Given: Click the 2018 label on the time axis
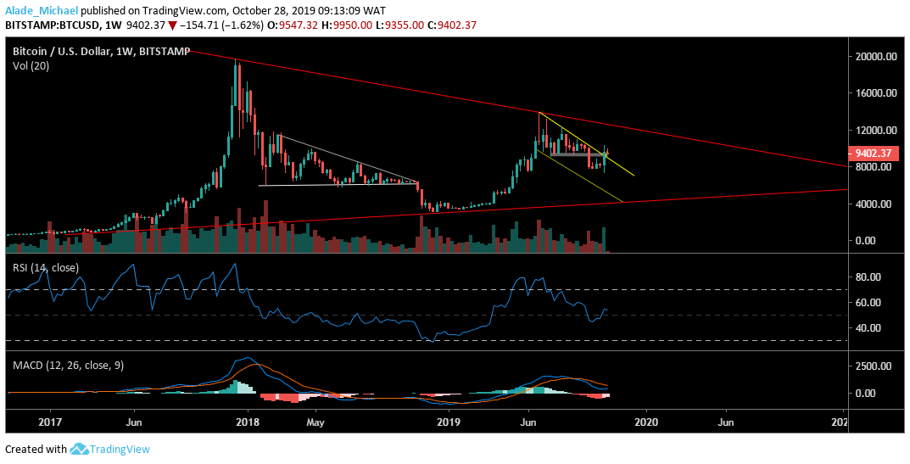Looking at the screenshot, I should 247,421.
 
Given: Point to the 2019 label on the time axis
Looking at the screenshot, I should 448,421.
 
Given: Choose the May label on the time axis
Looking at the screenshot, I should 315,421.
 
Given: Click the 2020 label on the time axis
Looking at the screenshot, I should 647,421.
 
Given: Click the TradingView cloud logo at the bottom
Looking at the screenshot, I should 80,449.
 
